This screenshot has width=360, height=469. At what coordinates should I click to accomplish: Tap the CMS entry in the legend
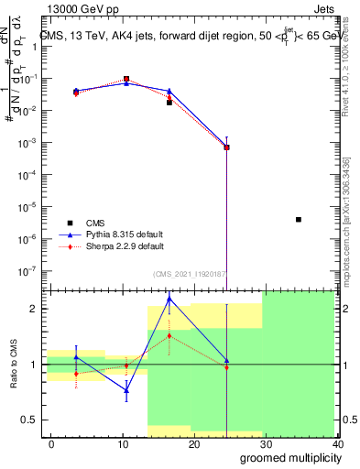95,222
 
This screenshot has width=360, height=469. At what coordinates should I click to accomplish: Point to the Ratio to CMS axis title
13,365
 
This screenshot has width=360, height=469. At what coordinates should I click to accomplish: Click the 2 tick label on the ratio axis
33,309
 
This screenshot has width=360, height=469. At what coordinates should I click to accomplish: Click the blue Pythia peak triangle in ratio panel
169,299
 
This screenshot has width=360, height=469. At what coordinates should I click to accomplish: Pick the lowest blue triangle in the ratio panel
126,389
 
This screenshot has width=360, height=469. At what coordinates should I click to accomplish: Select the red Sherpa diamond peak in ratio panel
169,336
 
